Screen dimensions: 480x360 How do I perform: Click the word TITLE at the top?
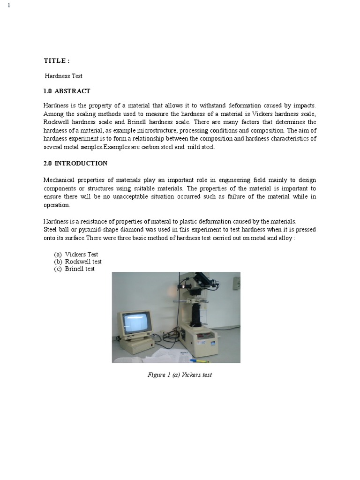click(55, 61)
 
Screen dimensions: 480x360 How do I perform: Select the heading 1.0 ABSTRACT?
click(67, 91)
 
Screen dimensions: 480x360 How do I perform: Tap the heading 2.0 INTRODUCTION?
click(75, 164)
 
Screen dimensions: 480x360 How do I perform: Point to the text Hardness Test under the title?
click(64, 76)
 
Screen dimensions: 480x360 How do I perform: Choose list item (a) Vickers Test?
click(76, 255)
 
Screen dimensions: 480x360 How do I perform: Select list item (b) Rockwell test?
click(78, 262)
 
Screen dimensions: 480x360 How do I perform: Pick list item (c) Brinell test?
click(75, 269)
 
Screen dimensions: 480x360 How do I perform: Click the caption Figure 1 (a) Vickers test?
click(180, 375)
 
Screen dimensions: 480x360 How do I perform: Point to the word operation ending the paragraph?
click(56, 205)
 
